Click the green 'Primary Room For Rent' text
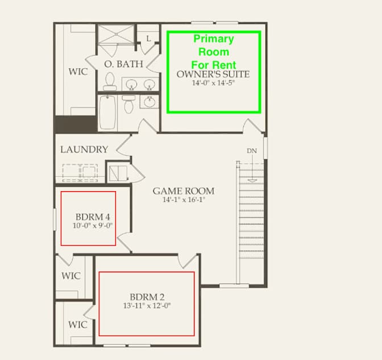pos(214,52)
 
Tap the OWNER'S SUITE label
pos(213,74)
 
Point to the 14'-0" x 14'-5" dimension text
pos(213,83)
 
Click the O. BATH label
pos(123,64)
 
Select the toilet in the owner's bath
pos(110,81)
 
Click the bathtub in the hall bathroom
pos(107,113)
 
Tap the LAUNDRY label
pos(84,150)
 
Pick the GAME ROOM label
pos(184,191)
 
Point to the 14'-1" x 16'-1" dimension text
pos(184,200)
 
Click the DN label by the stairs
pos(252,151)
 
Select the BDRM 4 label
pos(93,217)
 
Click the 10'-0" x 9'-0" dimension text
pos(93,225)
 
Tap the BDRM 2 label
pos(147,297)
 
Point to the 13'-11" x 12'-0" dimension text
pos(147,305)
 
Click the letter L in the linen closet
pos(148,39)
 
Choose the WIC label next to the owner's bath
pos(78,72)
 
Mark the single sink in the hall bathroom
pos(149,102)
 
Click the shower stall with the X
pos(116,34)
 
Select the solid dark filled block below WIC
pos(76,125)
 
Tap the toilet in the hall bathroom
pos(128,104)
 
